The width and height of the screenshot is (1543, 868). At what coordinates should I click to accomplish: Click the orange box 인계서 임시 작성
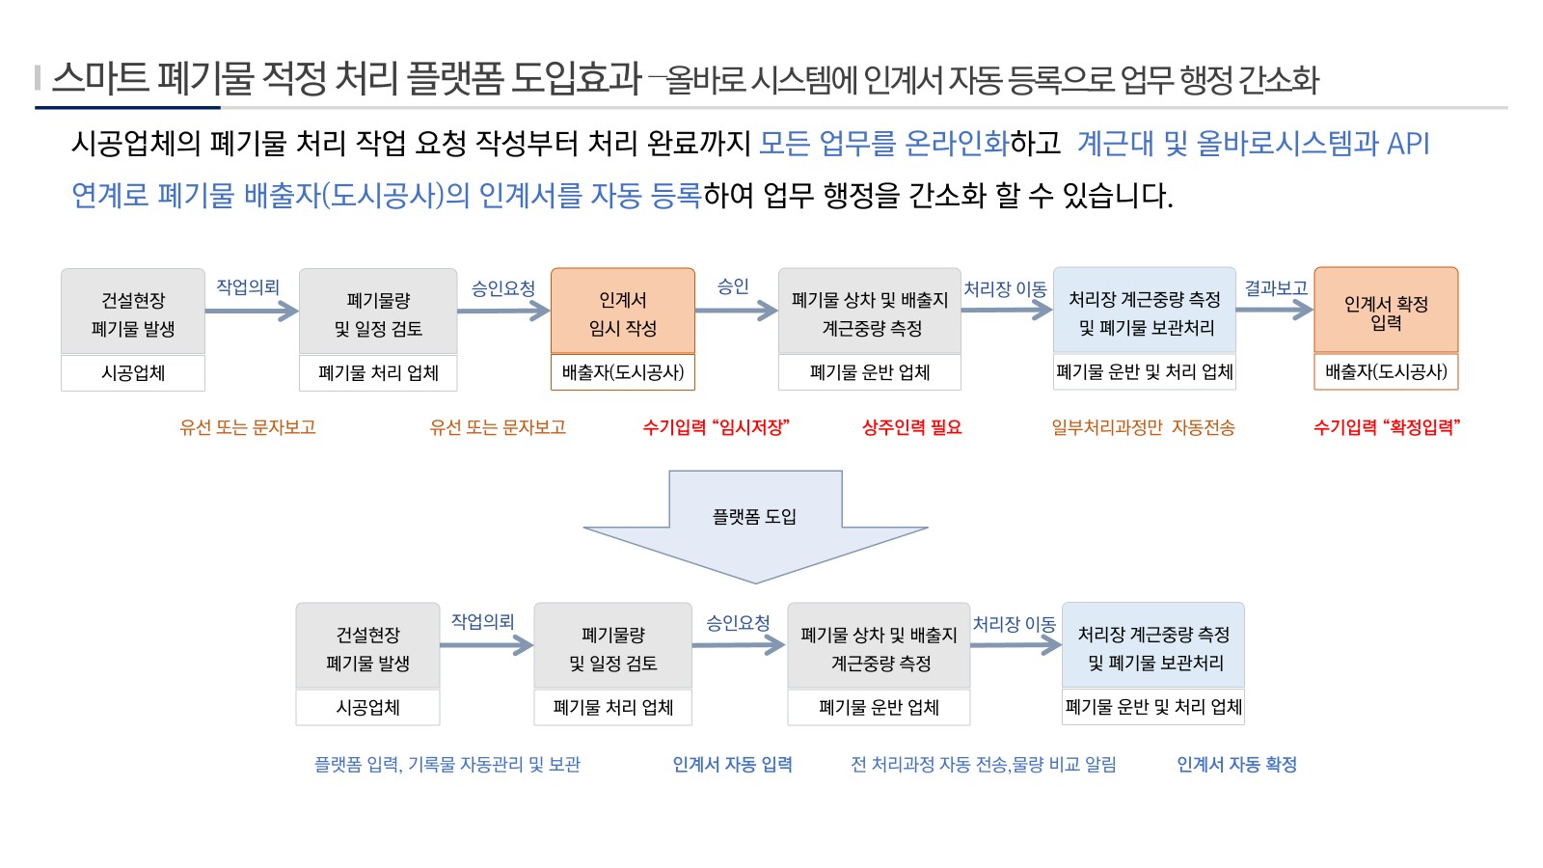[623, 311]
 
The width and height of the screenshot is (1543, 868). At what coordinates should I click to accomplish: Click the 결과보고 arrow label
[1276, 288]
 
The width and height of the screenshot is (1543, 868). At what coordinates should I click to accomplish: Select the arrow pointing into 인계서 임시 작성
[503, 311]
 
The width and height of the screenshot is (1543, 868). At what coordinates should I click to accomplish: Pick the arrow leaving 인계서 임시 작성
[737, 310]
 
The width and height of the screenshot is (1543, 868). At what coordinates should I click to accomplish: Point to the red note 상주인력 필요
[911, 427]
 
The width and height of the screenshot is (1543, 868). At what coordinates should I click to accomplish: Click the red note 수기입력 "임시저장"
[716, 427]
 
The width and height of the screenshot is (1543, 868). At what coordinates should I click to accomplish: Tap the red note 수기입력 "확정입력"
[1387, 427]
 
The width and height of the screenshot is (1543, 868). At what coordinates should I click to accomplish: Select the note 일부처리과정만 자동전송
[1143, 427]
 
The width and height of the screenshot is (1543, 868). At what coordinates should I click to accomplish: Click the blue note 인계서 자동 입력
[732, 764]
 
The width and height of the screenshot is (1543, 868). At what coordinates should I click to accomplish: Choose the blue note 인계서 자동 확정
[1236, 764]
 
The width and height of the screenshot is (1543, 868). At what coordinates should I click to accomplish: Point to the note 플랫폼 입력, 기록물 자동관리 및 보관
[447, 764]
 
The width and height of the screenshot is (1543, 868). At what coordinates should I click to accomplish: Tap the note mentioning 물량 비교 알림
[983, 764]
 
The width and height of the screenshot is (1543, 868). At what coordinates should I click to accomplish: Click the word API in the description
[1408, 144]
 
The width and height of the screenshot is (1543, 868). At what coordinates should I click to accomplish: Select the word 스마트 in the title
[100, 77]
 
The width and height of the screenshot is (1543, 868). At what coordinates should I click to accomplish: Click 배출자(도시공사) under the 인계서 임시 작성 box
[623, 372]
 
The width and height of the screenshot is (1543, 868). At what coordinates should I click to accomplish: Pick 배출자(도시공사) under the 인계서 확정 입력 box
[1386, 372]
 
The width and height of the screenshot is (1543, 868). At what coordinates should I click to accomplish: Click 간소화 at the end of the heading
[1278, 80]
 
